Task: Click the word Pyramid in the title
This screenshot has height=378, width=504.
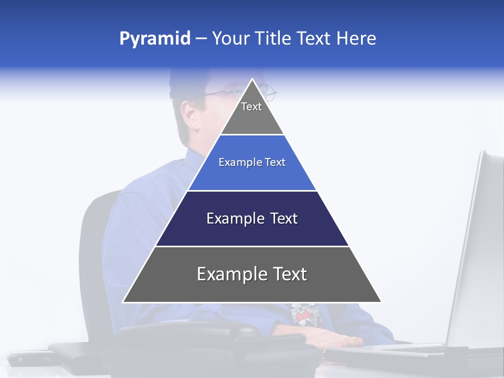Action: pos(155,39)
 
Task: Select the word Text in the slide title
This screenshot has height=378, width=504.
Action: pos(314,39)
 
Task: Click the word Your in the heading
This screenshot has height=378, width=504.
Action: pos(230,39)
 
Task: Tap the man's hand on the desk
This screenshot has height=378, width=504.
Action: pos(336,339)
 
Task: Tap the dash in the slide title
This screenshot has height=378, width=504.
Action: pos(201,39)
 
